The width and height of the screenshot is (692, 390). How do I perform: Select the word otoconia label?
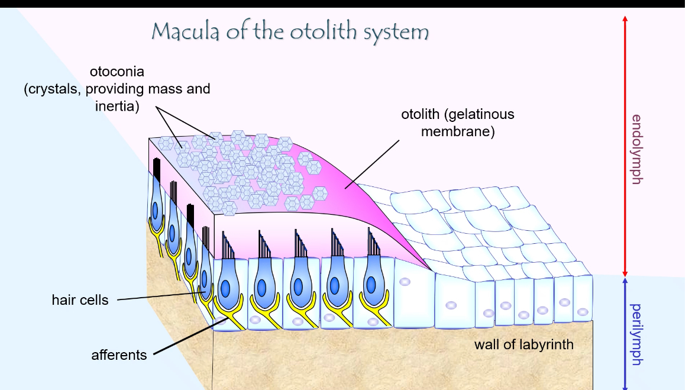coord(117,72)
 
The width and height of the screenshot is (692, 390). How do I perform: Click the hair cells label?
coord(80,300)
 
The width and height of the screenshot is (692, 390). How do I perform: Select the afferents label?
coord(119,355)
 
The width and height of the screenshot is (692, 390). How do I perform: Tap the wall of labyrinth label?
coord(523,344)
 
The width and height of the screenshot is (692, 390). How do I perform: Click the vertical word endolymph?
coord(636,149)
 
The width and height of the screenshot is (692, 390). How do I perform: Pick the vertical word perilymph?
coord(636,334)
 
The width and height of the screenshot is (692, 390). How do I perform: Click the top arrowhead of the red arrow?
coord(625,18)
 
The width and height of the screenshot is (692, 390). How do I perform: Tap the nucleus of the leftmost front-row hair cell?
coord(225,288)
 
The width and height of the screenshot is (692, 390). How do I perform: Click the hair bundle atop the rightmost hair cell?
coord(374,244)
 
